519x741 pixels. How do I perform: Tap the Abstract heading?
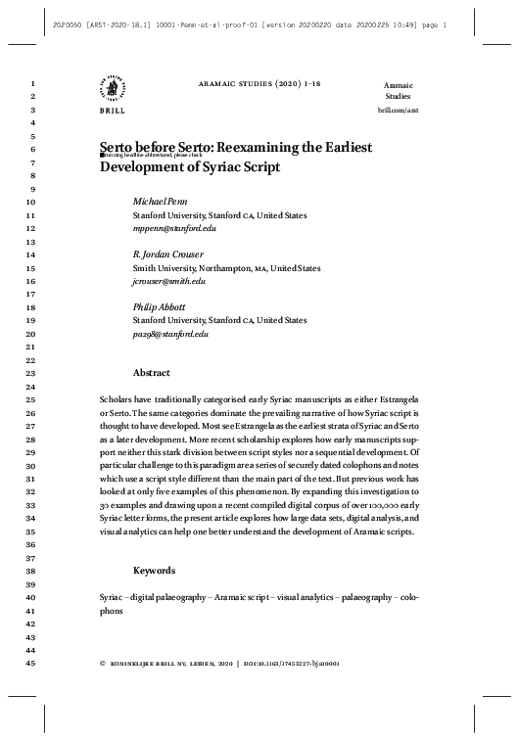152,373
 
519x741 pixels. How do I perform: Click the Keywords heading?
154,570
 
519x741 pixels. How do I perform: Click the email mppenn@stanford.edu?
174,228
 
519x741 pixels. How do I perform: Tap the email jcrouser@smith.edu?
169,281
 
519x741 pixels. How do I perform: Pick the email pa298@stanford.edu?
171,334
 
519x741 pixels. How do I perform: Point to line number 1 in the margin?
33,85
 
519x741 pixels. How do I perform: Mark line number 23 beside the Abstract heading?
30,374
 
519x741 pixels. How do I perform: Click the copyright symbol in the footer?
103,664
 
